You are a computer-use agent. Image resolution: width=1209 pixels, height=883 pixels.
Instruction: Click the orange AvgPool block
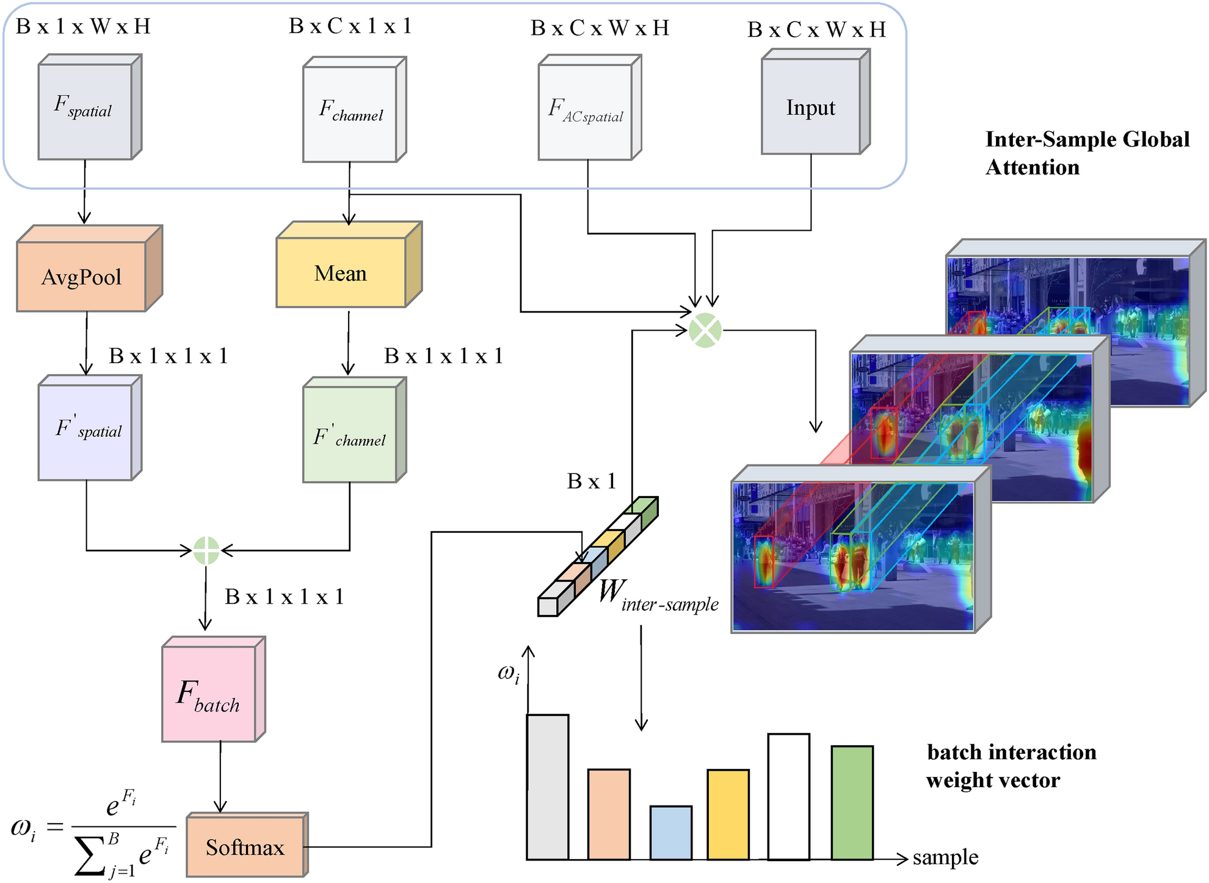tap(82, 276)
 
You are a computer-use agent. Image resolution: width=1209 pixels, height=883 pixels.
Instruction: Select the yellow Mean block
tap(341, 273)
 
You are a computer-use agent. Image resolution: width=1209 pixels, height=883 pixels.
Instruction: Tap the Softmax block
tap(245, 847)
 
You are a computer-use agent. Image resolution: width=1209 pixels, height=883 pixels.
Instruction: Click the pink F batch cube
tap(209, 694)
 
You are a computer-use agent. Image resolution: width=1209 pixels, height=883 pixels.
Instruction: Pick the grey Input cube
tap(811, 107)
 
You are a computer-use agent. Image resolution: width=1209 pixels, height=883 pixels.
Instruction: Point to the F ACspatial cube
tap(586, 110)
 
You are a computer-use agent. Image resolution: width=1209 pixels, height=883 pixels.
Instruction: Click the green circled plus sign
tap(206, 550)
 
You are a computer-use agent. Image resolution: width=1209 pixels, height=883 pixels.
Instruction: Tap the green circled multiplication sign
tap(705, 331)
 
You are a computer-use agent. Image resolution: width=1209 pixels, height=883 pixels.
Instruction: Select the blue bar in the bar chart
tap(670, 832)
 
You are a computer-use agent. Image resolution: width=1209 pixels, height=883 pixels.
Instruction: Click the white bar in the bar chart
tap(788, 796)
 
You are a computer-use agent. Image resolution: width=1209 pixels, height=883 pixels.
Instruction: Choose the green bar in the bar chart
tap(852, 802)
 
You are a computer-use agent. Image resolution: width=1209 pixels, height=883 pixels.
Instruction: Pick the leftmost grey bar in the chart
tap(548, 787)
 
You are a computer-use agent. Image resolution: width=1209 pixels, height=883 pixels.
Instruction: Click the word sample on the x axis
tap(945, 857)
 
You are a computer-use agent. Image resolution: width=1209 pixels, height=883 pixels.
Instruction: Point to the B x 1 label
tap(591, 481)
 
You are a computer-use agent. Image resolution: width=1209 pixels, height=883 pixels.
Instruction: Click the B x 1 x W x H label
tap(83, 26)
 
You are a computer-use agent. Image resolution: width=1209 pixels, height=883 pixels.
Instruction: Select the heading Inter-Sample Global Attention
tap(1087, 153)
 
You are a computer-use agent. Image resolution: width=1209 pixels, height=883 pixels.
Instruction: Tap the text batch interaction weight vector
tap(1011, 766)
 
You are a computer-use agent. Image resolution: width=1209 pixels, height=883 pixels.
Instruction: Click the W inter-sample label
tap(656, 595)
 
